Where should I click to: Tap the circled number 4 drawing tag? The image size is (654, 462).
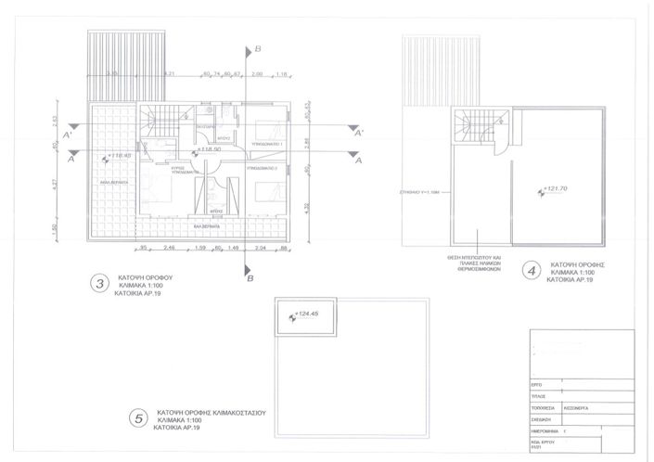[531, 272]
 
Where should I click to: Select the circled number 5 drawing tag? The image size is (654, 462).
[138, 419]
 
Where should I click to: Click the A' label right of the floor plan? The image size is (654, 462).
[357, 133]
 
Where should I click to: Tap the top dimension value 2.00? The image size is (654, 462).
[257, 72]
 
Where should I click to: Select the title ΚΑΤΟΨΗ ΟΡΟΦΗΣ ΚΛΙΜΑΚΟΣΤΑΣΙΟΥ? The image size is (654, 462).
[212, 411]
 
